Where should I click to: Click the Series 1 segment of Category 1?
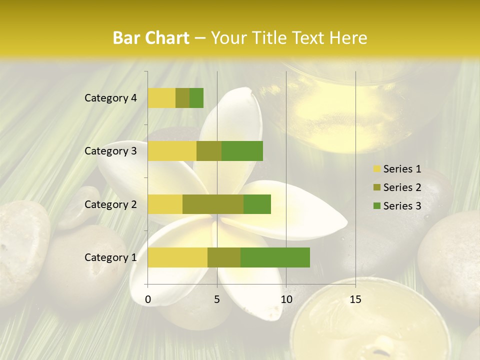[x=177, y=257]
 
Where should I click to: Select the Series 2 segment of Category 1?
[x=224, y=257]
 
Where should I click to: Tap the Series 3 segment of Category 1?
[x=275, y=257]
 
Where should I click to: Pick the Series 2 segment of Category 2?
[x=213, y=204]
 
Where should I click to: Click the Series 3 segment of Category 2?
[x=257, y=204]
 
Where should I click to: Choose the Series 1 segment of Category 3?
[x=172, y=151]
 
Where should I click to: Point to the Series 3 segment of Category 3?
[x=242, y=151]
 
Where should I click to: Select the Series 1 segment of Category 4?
[x=161, y=98]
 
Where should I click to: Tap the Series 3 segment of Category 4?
[x=196, y=98]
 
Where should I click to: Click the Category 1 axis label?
[x=110, y=257]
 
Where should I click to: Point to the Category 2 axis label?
[x=110, y=204]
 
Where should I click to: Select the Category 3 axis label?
[x=110, y=151]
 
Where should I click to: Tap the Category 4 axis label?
[x=110, y=98]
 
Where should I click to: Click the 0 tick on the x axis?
[x=148, y=299]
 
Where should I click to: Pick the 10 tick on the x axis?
[x=286, y=299]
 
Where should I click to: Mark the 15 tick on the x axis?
[x=355, y=299]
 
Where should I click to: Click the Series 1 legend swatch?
[x=376, y=169]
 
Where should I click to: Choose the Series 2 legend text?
[x=402, y=187]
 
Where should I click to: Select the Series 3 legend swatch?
[x=376, y=206]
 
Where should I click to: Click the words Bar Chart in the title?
[x=151, y=38]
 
